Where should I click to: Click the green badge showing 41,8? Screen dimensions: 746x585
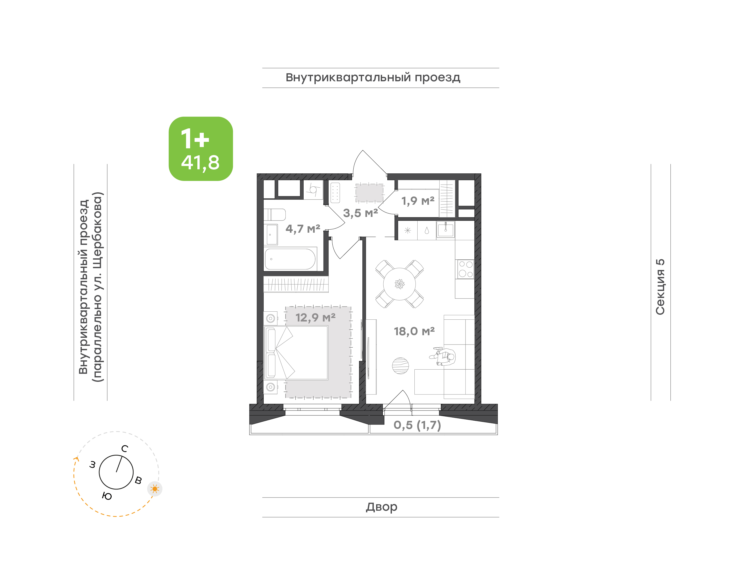pos(200,149)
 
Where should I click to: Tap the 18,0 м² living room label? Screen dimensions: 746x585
pos(414,332)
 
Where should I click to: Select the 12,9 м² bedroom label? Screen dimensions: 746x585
pos(315,318)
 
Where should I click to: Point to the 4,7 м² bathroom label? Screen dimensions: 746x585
pos(303,229)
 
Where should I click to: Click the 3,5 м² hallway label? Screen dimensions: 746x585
pos(361,213)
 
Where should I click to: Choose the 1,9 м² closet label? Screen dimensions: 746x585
pos(418,201)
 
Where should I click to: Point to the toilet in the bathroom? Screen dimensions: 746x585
pos(275,215)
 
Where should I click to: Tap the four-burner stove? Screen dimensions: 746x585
pos(466,269)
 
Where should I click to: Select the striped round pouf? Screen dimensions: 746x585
pos(400,366)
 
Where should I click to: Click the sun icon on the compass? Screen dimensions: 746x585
pos(155,489)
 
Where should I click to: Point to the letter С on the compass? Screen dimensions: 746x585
pos(125,449)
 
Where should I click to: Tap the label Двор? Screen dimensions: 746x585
pos(381,507)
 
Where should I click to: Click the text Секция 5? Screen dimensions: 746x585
pos(660,287)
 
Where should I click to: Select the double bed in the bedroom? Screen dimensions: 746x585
pos(296,353)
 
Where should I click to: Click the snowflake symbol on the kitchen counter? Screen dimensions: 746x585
pos(407,231)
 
